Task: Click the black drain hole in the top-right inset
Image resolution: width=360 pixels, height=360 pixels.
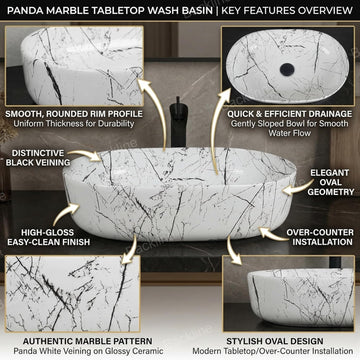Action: click(x=287, y=69)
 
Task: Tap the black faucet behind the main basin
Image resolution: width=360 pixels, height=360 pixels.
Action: click(x=178, y=122)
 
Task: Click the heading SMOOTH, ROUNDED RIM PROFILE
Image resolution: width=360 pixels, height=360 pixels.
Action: click(x=74, y=114)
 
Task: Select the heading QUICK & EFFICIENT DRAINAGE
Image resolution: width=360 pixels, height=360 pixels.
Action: click(x=289, y=114)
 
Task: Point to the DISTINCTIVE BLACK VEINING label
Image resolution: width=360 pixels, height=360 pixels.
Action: click(x=38, y=158)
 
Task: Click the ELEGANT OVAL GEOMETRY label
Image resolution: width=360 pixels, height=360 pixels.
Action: click(x=330, y=182)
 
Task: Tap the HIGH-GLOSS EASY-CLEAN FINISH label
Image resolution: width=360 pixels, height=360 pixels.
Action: click(x=49, y=237)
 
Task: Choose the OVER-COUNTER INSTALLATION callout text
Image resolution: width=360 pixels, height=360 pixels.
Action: click(x=320, y=237)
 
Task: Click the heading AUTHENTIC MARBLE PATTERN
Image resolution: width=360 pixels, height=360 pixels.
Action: click(x=88, y=341)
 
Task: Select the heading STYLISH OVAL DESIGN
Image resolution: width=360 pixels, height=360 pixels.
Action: click(x=275, y=341)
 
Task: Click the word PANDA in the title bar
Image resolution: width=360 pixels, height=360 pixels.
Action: click(x=23, y=10)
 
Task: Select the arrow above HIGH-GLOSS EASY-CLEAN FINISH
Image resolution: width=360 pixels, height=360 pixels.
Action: click(x=65, y=213)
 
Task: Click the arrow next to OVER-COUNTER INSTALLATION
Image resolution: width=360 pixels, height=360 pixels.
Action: click(x=272, y=233)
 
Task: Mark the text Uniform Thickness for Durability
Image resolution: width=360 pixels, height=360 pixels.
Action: click(x=74, y=124)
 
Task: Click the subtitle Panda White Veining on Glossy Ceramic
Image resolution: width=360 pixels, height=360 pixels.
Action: click(x=88, y=351)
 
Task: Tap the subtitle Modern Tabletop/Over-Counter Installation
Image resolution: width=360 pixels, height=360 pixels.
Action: click(x=272, y=351)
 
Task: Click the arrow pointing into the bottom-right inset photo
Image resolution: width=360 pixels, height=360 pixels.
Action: click(x=232, y=251)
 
